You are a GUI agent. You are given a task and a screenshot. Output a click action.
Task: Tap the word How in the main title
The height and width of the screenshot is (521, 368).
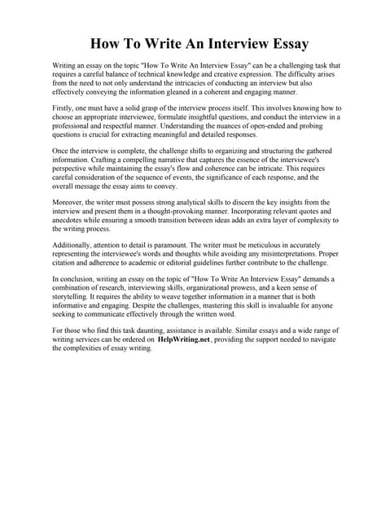click(106, 43)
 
